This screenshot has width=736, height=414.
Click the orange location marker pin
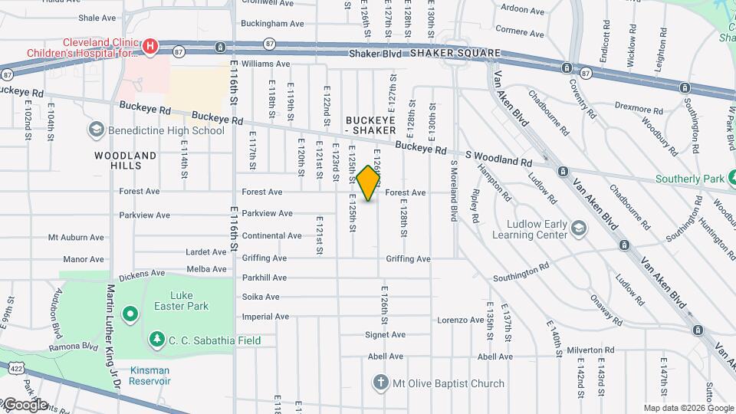pyautogui.click(x=369, y=183)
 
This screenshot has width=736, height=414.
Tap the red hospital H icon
pyautogui.click(x=151, y=47)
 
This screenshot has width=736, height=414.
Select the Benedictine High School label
pyautogui.click(x=166, y=130)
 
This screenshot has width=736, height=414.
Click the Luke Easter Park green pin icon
pyautogui.click(x=130, y=313)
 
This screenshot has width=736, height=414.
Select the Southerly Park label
pyautogui.click(x=689, y=179)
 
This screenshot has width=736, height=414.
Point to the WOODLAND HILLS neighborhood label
pyautogui.click(x=125, y=160)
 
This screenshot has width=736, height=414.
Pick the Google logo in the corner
pyautogui.click(x=25, y=404)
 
